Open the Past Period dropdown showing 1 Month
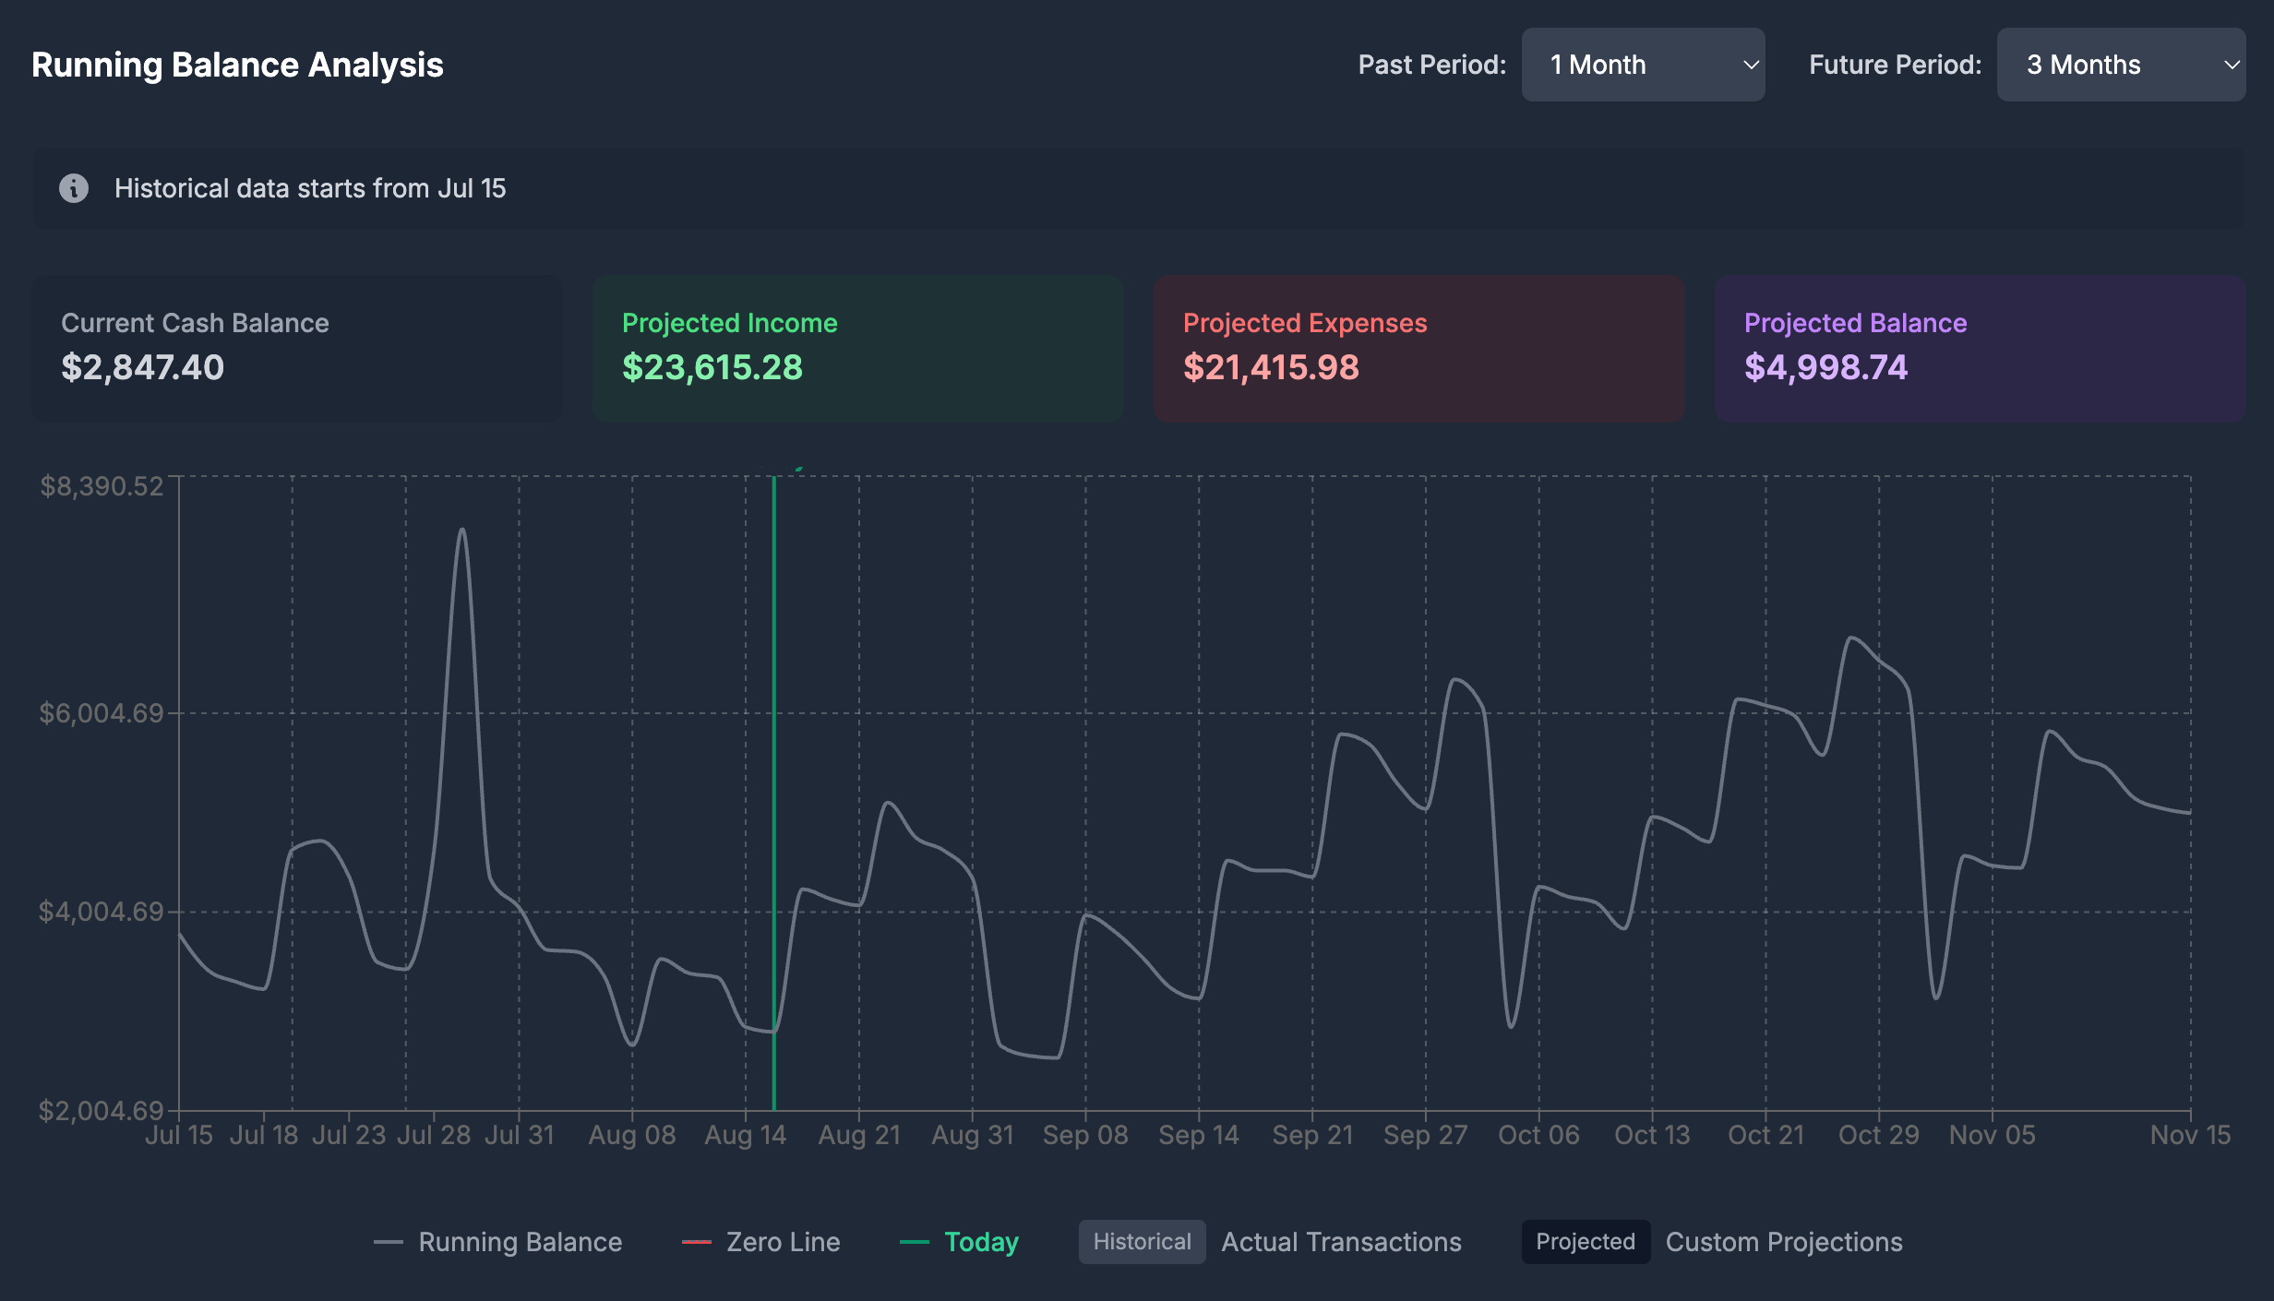click(x=1643, y=65)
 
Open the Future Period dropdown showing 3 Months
click(x=2121, y=65)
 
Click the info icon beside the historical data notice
click(x=74, y=188)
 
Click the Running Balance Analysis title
click(x=237, y=65)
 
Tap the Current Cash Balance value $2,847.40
click(x=142, y=367)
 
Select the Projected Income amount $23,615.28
click(x=712, y=367)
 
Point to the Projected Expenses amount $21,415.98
click(x=1271, y=367)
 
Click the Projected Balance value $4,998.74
click(x=1825, y=367)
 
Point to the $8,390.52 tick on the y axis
click(x=102, y=486)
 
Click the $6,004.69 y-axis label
click(x=102, y=713)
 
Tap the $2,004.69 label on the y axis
click(x=102, y=1110)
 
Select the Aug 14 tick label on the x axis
click(x=746, y=1135)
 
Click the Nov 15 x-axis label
click(x=2190, y=1135)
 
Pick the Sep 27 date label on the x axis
click(x=1425, y=1135)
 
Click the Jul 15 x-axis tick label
click(x=179, y=1135)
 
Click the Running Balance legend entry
click(x=498, y=1242)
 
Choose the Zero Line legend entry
click(x=761, y=1242)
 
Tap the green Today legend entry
click(x=960, y=1242)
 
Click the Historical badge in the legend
click(x=1142, y=1242)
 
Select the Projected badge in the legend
click(x=1586, y=1242)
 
